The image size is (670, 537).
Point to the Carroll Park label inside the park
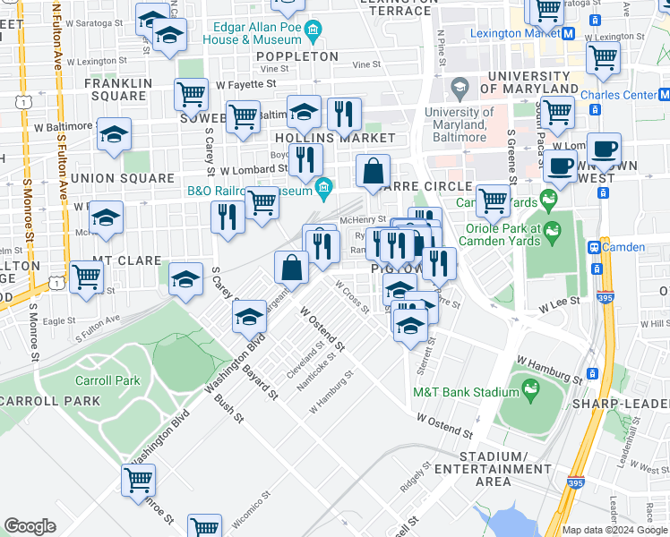(x=107, y=380)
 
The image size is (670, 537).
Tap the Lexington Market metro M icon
(x=568, y=33)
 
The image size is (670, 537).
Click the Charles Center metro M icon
(x=664, y=95)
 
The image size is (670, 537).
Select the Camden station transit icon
(x=593, y=246)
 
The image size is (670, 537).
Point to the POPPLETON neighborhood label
(x=296, y=56)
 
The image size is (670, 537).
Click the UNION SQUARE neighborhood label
(x=122, y=178)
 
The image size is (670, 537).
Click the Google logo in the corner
(x=30, y=525)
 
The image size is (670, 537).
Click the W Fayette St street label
(x=245, y=84)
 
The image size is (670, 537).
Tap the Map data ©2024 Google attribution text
(x=614, y=530)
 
